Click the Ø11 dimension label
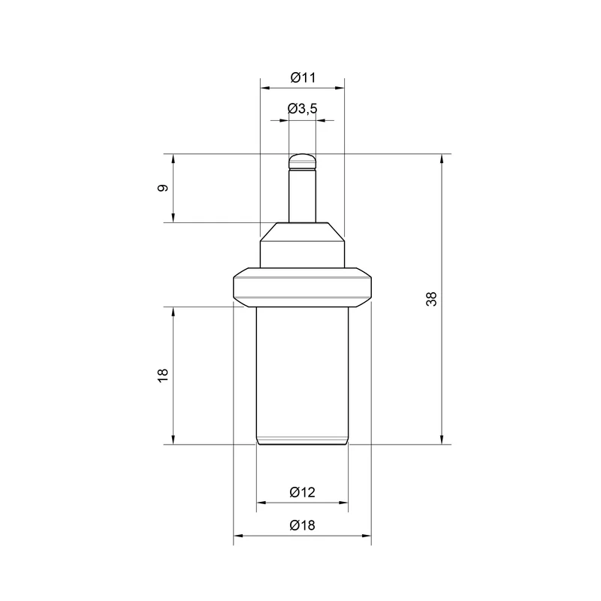303,78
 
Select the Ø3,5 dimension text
303,109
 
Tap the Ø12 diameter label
303,492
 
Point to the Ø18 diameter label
303,525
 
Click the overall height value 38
431,299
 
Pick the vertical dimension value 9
163,189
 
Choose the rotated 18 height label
163,375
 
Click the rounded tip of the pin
303,161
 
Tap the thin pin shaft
303,195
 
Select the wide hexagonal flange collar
303,287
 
